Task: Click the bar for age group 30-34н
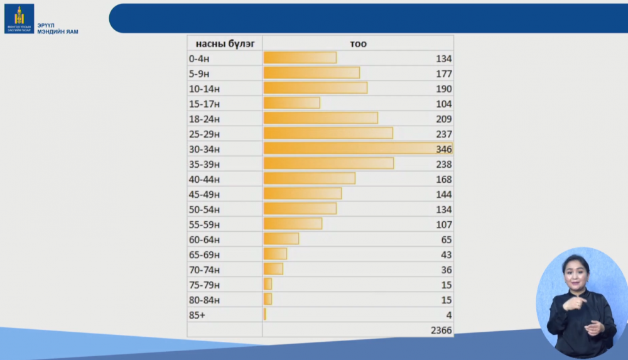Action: (x=357, y=148)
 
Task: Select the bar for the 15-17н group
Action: (x=291, y=103)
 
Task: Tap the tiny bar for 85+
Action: (x=265, y=314)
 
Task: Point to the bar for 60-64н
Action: (x=281, y=239)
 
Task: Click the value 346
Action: (x=444, y=149)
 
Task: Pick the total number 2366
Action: (x=441, y=330)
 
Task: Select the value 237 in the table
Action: (x=444, y=134)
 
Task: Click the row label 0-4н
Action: (x=200, y=58)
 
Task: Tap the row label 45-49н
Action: (x=204, y=194)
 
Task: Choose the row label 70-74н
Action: (x=204, y=270)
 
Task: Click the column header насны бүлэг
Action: (x=225, y=43)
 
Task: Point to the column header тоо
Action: (x=358, y=43)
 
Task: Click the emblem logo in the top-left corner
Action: (x=19, y=18)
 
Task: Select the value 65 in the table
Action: (x=446, y=239)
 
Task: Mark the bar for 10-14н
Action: (x=315, y=88)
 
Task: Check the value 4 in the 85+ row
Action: (x=449, y=315)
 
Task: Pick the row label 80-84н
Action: (x=204, y=300)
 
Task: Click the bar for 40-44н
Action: (x=309, y=178)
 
